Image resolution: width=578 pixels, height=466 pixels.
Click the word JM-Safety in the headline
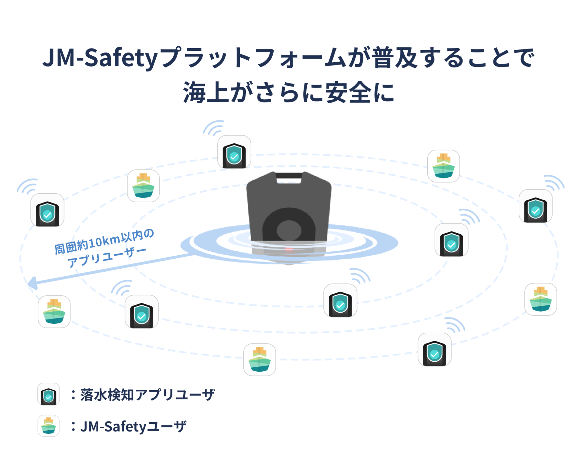100,58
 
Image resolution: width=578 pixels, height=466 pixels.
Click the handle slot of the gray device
289,180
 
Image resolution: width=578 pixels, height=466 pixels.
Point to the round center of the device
289,230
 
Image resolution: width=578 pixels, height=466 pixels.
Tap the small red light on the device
289,249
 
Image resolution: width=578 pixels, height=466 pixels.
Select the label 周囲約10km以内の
104,242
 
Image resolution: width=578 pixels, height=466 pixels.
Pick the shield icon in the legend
48,394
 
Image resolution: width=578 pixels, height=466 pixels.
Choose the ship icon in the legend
48,426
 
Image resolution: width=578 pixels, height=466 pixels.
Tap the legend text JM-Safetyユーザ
133,426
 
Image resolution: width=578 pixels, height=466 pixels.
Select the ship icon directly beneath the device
260,359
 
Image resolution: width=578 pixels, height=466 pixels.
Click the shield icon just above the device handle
234,152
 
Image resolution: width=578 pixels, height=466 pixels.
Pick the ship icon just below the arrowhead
54,312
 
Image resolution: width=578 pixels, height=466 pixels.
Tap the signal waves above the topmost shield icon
214,128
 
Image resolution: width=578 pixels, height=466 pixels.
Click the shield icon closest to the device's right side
451,240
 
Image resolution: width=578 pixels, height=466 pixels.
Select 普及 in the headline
395,58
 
